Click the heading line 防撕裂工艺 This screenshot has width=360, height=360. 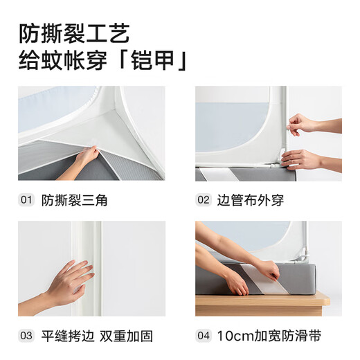(x=74, y=33)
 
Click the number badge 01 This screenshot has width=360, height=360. (x=26, y=200)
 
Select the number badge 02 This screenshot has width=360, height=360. (x=203, y=200)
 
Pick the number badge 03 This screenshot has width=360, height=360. (x=26, y=336)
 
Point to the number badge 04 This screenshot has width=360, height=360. (x=203, y=336)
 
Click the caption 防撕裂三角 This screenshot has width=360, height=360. (x=75, y=200)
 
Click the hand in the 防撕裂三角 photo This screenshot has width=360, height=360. (x=87, y=156)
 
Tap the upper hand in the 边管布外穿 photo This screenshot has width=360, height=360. (x=303, y=125)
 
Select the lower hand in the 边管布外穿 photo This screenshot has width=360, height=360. (x=302, y=159)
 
